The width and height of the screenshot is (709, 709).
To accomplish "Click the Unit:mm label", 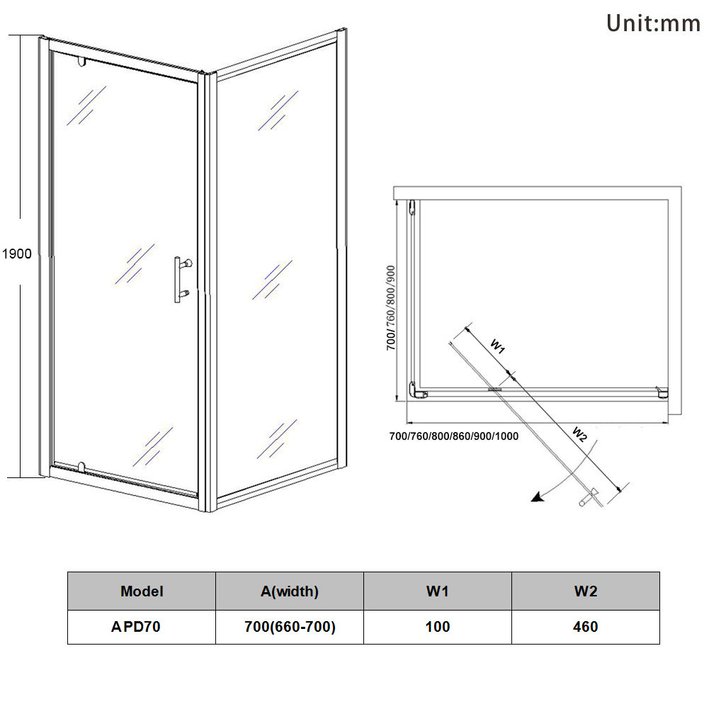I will click(652, 24).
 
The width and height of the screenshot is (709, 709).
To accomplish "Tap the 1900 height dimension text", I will click(17, 254).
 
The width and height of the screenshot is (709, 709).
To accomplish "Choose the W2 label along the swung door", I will click(579, 433).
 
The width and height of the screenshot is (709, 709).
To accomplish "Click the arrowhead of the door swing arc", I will click(538, 498).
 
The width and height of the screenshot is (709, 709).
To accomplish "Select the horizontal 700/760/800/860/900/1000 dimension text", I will click(454, 436).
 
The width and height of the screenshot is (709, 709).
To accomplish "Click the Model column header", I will click(142, 591).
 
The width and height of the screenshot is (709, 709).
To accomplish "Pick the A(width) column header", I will click(289, 591).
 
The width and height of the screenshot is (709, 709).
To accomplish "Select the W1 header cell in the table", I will click(437, 591).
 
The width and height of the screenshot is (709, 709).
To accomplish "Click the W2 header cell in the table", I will click(585, 591).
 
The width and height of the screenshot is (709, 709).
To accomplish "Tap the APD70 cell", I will click(142, 627).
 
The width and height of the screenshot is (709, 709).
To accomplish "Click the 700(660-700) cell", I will click(289, 627).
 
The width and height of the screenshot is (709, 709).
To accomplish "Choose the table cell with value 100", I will click(437, 627).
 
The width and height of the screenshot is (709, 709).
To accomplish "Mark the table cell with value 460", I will click(585, 627).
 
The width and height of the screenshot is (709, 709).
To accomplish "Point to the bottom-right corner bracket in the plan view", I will click(662, 391).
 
